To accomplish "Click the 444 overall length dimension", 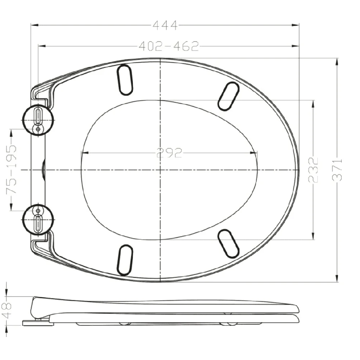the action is (165, 25).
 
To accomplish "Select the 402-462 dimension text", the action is (169, 46).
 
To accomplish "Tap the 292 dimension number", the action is (169, 153).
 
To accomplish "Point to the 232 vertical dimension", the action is (314, 170).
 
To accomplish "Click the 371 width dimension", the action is (337, 170).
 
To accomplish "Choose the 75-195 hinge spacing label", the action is (11, 170).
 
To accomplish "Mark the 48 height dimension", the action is (7, 310).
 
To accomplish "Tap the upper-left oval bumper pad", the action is (125, 80).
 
